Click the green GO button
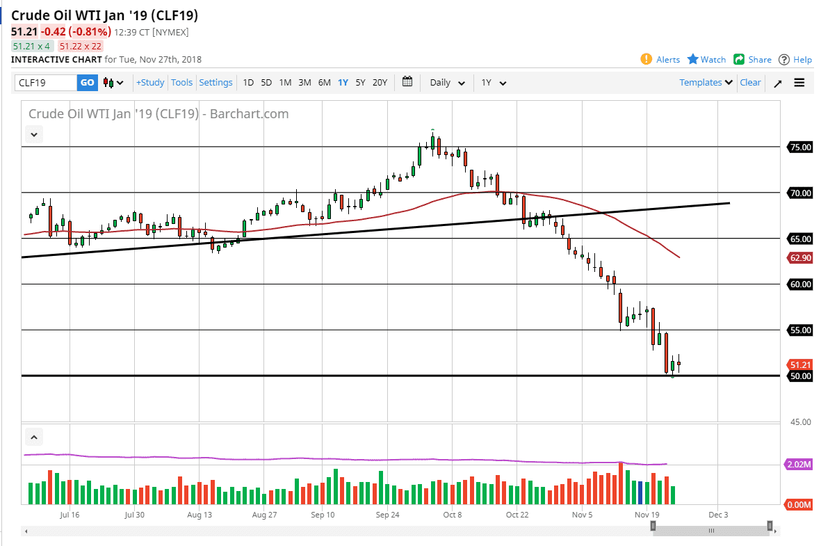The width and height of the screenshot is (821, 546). (87, 83)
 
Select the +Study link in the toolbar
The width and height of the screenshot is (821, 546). (150, 83)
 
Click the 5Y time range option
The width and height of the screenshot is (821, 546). (360, 83)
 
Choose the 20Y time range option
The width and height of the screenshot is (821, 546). (380, 83)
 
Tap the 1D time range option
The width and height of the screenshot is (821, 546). (248, 83)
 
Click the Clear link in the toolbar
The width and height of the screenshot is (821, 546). (750, 83)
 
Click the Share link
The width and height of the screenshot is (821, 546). (753, 60)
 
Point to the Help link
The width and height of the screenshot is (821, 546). (795, 60)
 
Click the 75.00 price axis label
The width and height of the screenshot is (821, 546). (800, 147)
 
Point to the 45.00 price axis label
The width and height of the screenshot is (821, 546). (800, 422)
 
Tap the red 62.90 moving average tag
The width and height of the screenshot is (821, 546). (800, 257)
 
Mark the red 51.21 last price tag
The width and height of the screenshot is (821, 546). (800, 364)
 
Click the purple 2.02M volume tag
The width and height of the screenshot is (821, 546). (800, 464)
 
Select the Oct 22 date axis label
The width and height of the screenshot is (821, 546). (517, 515)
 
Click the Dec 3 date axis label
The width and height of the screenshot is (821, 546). (718, 515)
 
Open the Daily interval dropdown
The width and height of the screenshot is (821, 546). (447, 83)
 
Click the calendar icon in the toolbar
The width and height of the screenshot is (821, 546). (407, 82)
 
